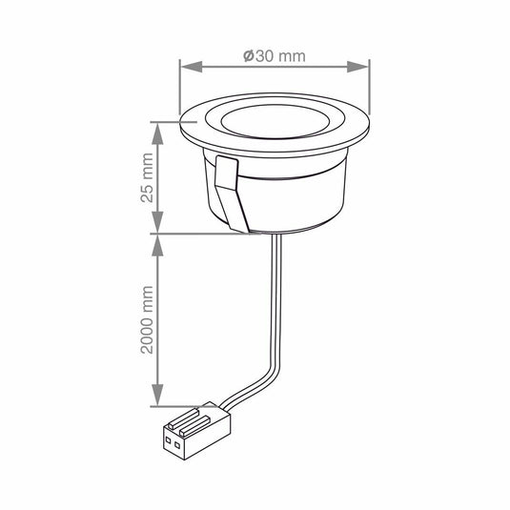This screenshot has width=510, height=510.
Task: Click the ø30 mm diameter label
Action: point(275,55)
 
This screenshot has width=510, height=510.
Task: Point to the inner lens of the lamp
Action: point(274,125)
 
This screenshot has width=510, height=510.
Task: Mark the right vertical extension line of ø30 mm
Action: point(368,95)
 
